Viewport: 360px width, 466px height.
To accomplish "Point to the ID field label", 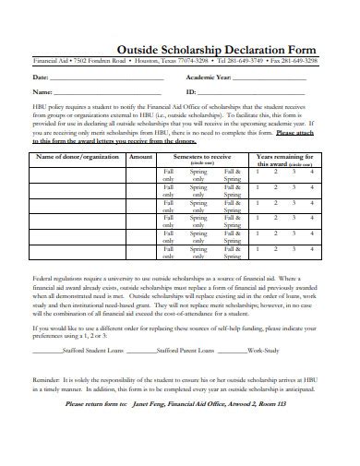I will coord(190,92).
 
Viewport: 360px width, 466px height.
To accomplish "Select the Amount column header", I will coord(141,157).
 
